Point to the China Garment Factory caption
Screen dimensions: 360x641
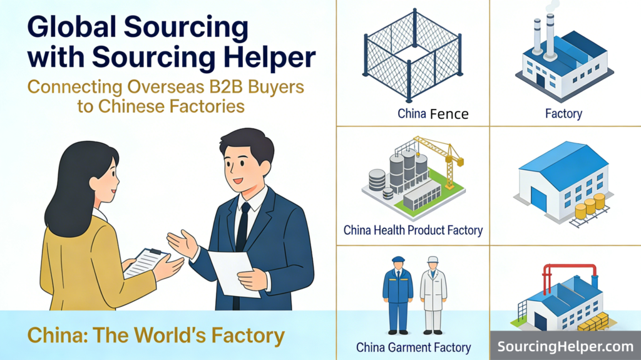pos(413,347)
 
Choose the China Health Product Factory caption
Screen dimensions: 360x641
pos(413,230)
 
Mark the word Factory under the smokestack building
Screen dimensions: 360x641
pos(563,114)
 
